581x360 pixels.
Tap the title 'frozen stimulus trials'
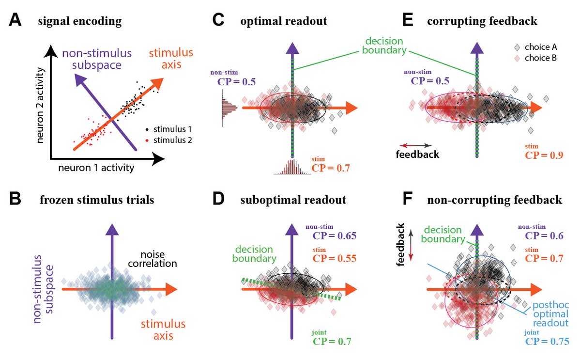[x=97, y=200]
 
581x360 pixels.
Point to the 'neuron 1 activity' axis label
[x=96, y=168]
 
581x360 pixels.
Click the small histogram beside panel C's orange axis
[x=228, y=107]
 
